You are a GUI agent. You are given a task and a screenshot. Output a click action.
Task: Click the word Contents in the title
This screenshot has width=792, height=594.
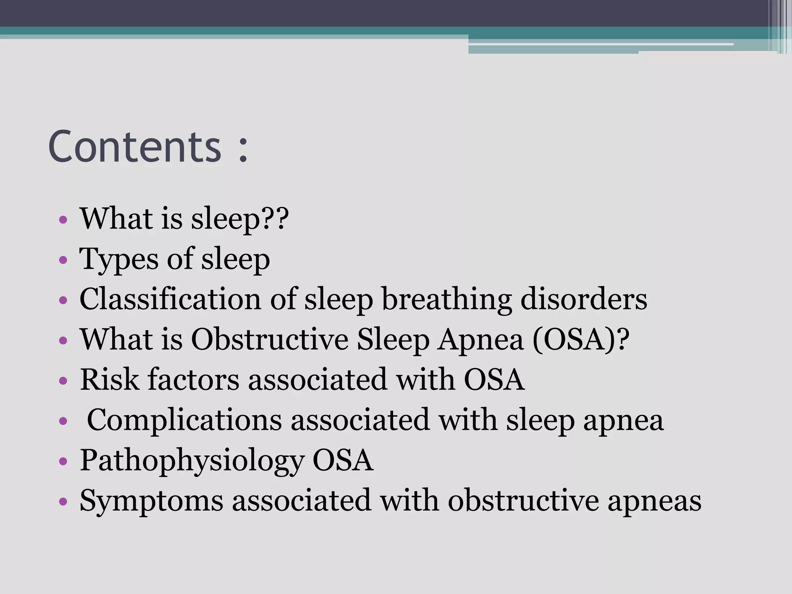[135, 147]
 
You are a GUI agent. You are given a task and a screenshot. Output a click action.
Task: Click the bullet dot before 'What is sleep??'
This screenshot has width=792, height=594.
[63, 220]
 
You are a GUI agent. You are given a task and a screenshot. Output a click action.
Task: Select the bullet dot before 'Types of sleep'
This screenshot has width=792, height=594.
[63, 261]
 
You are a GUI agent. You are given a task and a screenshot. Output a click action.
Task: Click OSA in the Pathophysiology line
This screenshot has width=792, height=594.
[343, 460]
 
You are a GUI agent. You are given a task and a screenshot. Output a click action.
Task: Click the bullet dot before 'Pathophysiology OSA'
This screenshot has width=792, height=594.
[63, 461]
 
